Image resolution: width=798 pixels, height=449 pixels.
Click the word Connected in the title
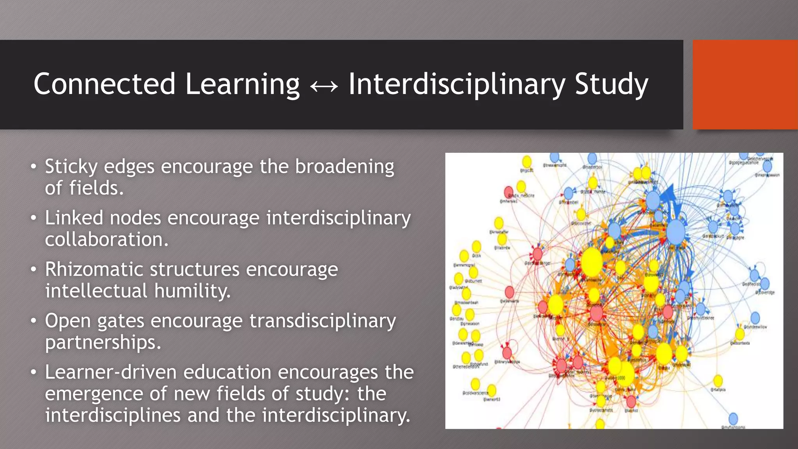click(x=104, y=84)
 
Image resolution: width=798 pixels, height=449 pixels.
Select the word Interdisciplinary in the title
click(x=456, y=84)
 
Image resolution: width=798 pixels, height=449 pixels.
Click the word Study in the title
click(x=611, y=84)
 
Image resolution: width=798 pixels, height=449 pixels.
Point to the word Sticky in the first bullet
click(x=71, y=167)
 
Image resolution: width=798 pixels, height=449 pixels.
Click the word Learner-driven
click(x=111, y=372)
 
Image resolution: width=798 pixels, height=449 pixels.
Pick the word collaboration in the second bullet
click(x=106, y=239)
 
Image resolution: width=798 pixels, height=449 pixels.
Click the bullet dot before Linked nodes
click(x=34, y=218)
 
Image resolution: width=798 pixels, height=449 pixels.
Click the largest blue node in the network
click(x=676, y=232)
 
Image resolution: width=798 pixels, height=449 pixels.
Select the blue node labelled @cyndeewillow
click(x=755, y=318)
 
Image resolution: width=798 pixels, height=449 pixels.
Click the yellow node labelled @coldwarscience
click(x=475, y=384)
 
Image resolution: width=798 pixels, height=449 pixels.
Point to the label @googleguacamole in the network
click(x=744, y=163)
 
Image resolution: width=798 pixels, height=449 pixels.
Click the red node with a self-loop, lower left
click(x=507, y=353)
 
